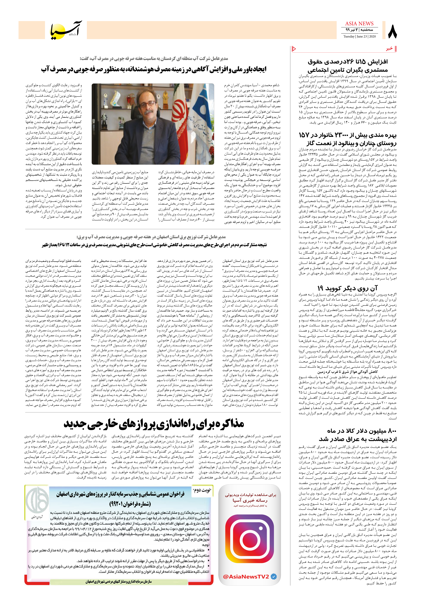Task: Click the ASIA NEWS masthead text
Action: pyautogui.click(x=359, y=24)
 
